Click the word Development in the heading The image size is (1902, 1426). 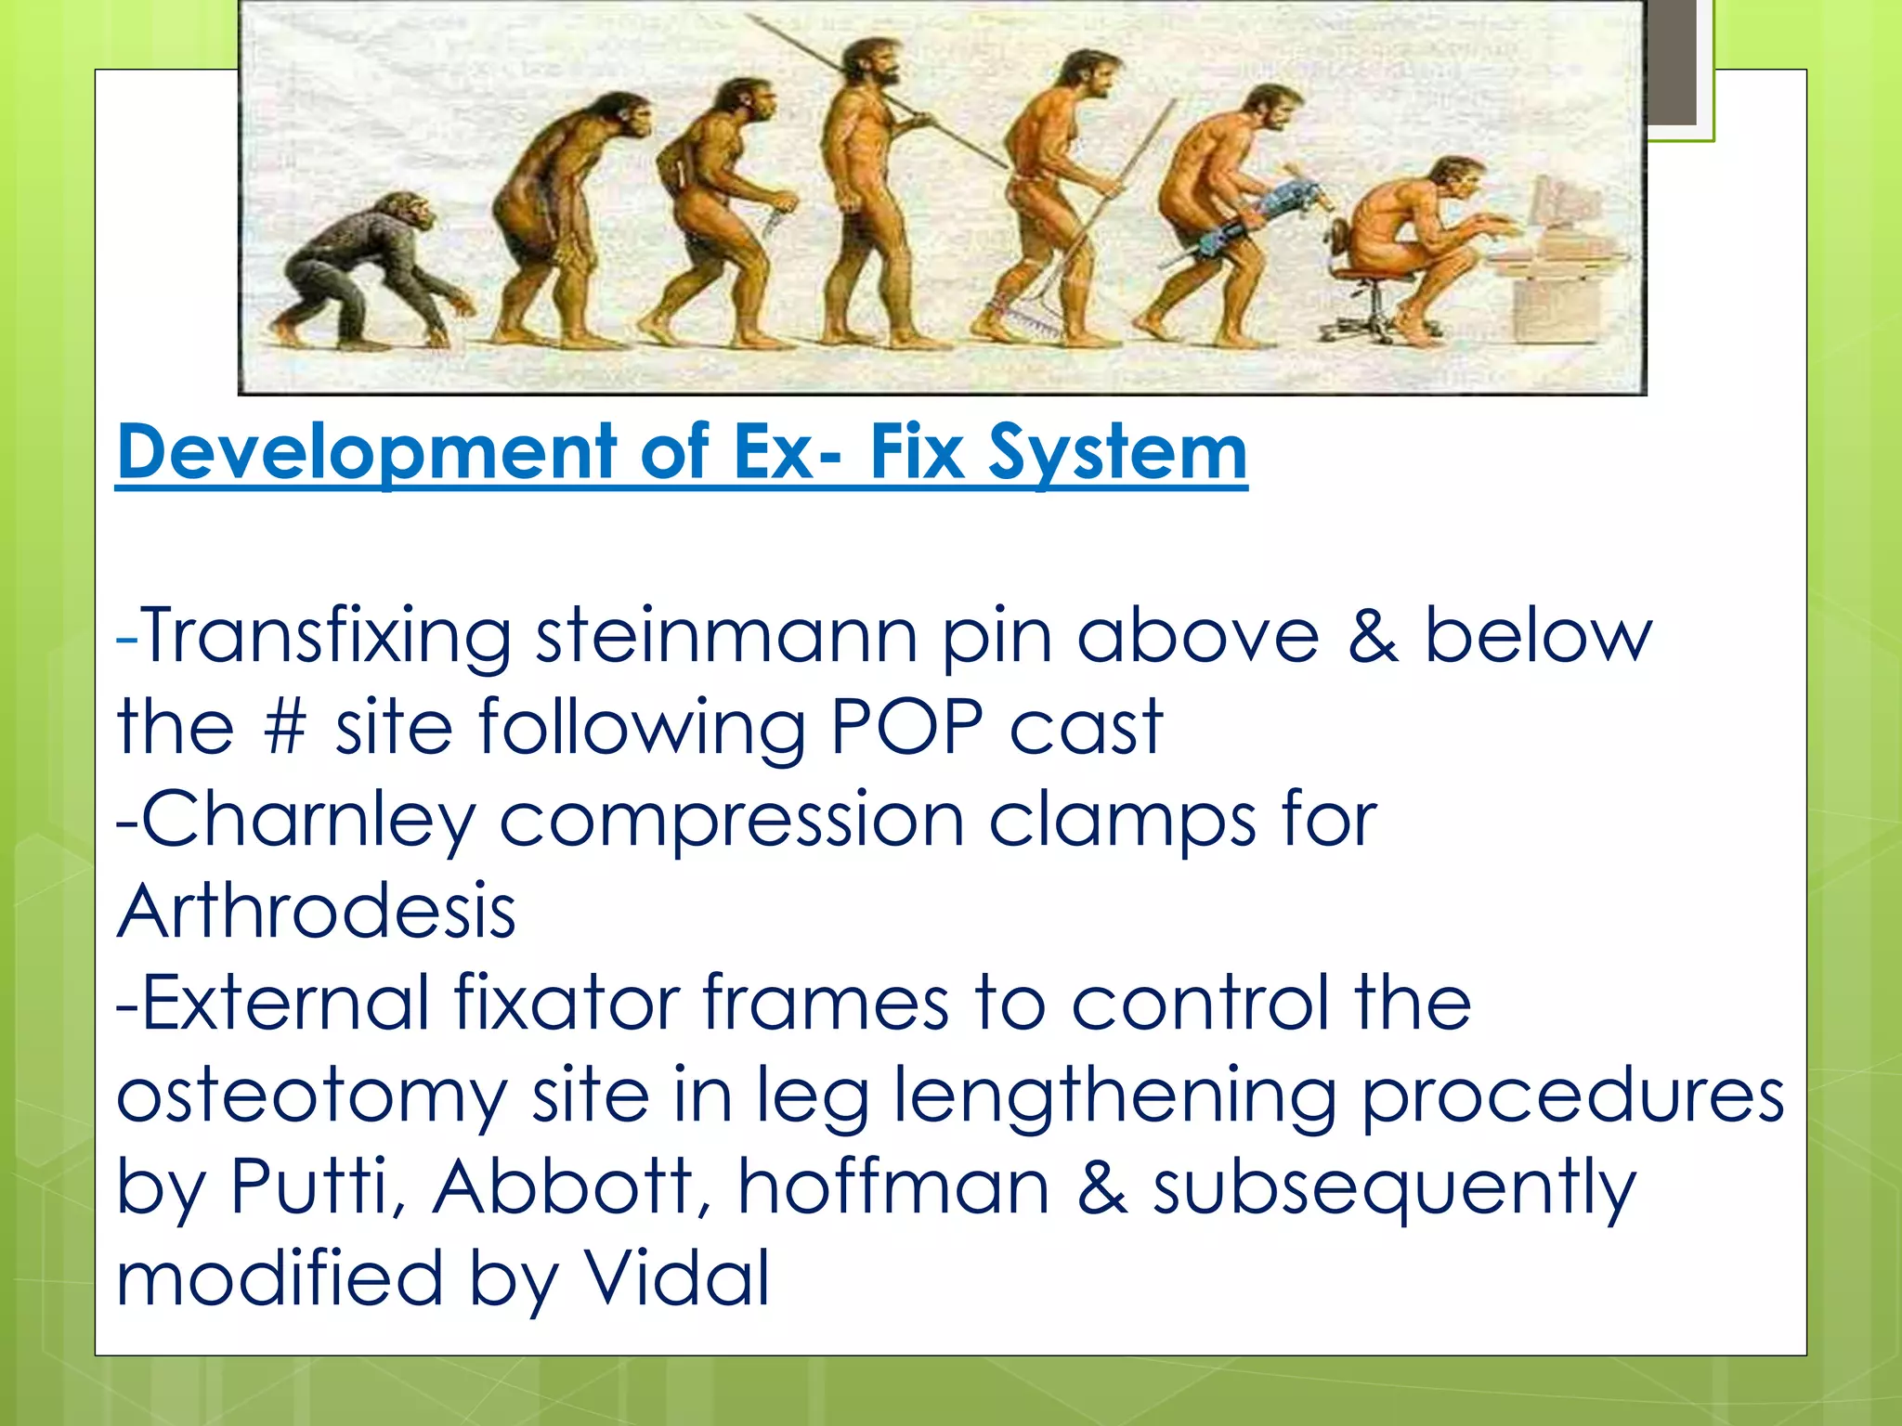(x=367, y=452)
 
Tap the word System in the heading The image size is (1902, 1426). (x=1117, y=452)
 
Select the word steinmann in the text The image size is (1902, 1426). (x=727, y=637)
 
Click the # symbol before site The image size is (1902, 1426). (x=284, y=727)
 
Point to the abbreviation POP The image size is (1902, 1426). (x=905, y=727)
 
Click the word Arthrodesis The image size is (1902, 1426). (x=316, y=912)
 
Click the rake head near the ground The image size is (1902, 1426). (x=1026, y=320)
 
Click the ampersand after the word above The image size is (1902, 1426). (x=1373, y=637)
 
